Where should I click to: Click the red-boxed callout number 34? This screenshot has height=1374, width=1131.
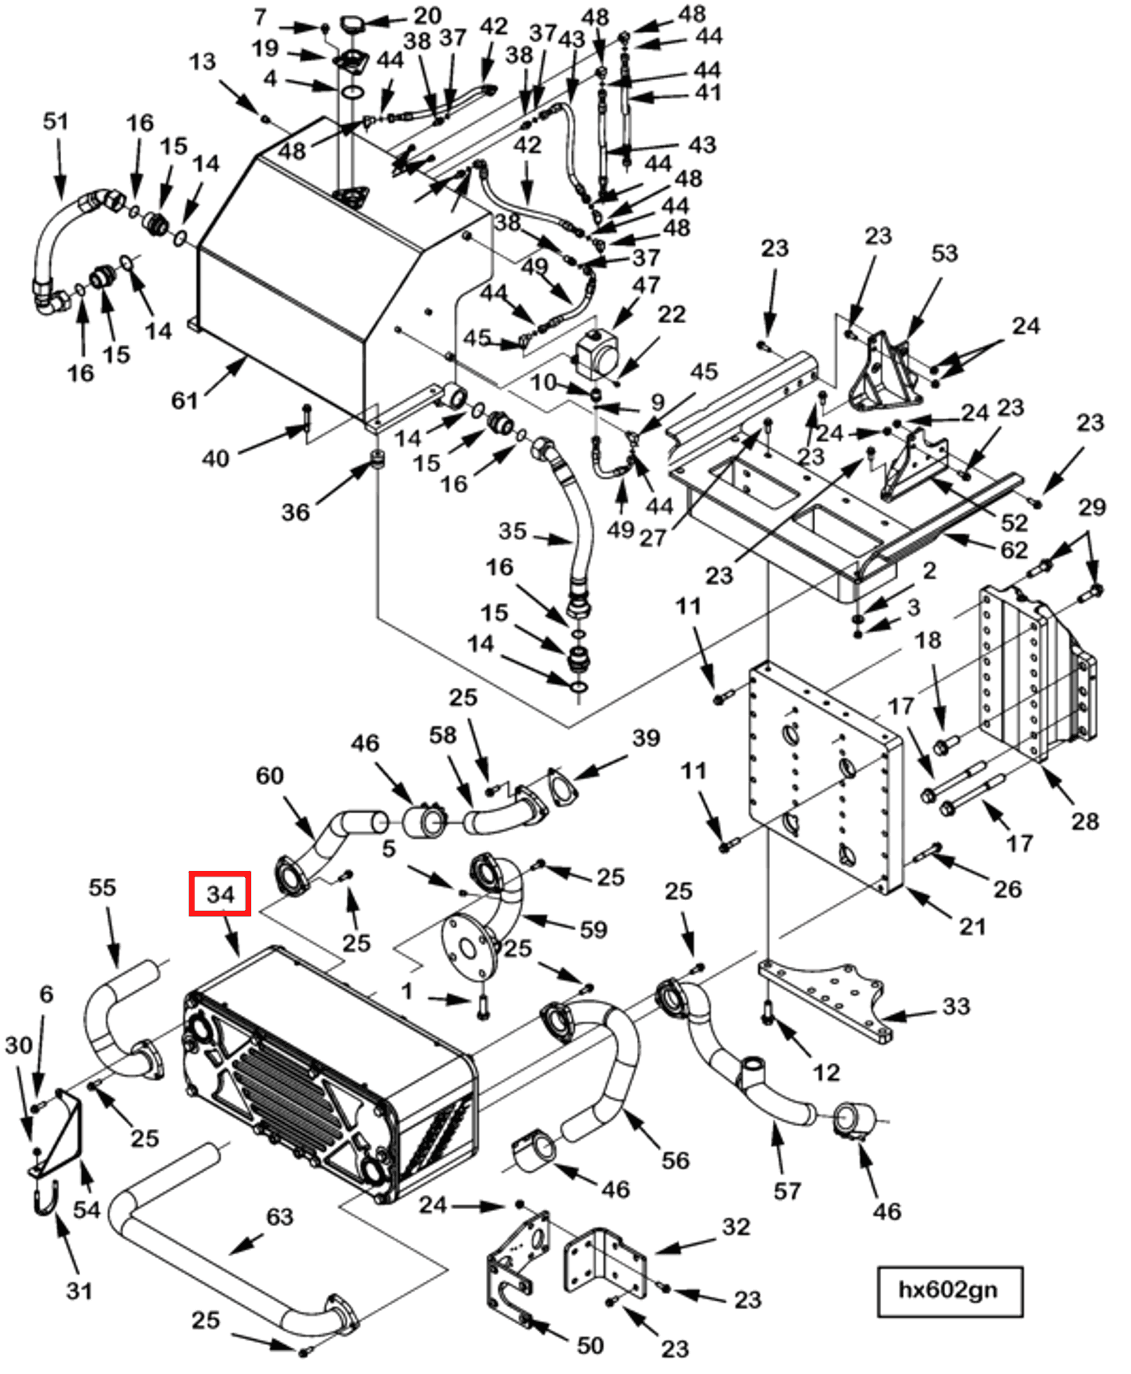tap(220, 893)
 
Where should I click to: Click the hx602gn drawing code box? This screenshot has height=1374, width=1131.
tap(949, 1290)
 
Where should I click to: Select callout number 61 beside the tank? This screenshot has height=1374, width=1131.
tap(184, 401)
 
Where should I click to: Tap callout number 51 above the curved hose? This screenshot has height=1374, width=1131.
tap(56, 121)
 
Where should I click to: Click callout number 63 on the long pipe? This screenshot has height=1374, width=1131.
tap(279, 1216)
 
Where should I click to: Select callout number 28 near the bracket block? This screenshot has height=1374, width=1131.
tap(1085, 821)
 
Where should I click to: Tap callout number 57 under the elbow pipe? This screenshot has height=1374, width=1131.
tap(787, 1191)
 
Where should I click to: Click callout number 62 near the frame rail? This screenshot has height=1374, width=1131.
tap(1014, 550)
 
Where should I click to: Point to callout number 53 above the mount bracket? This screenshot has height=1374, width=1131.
tap(944, 253)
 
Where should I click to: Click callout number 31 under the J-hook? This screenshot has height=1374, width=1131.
tap(79, 1291)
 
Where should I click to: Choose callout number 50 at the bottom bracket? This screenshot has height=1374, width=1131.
tap(590, 1345)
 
